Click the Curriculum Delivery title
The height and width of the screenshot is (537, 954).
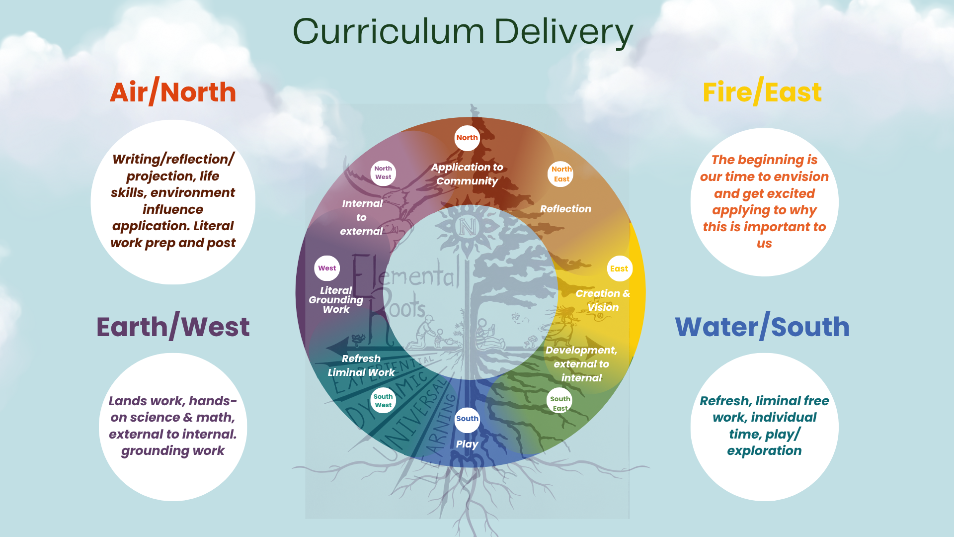pos(463,32)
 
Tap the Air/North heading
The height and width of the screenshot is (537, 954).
pos(173,92)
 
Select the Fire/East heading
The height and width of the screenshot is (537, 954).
pos(762,92)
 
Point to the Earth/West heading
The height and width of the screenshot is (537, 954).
pos(173,327)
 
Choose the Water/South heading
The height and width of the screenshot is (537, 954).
pos(762,327)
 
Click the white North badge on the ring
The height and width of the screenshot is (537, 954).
pos(467,138)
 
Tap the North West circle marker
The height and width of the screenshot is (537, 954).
pos(383,173)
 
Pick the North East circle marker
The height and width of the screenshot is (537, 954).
pos(561,174)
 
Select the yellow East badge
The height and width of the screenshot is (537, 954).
pos(619,268)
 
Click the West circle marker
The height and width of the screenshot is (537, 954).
pos(327,268)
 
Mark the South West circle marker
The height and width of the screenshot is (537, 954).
pos(383,400)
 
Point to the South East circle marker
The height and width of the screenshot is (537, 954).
pos(559,403)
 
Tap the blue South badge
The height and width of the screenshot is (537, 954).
pos(467,419)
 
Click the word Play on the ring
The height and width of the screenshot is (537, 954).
pos(467,444)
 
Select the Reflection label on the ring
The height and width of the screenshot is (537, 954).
pos(565,209)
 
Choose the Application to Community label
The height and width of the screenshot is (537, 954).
pos(467,174)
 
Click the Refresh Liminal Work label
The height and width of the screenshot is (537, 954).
pos(361,365)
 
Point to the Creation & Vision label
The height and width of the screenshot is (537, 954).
pos(603,300)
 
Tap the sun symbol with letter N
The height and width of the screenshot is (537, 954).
pos(467,227)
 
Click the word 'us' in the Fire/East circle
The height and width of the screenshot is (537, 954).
pos(764,244)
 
